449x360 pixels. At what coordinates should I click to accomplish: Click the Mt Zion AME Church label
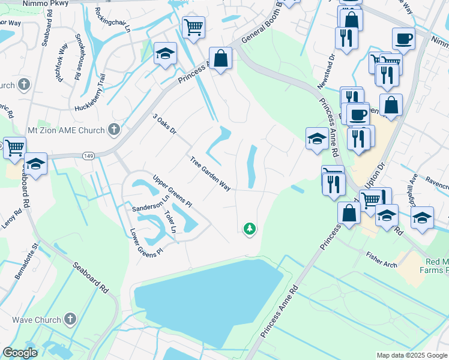[x=66, y=130]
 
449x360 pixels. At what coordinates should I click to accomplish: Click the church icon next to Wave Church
[x=70, y=320]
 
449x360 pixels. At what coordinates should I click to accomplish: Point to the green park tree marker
[x=250, y=229]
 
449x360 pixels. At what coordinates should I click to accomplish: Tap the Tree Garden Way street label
[x=210, y=174]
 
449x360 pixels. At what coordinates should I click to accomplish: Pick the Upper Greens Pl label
[x=172, y=191]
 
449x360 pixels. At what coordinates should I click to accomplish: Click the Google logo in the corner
[x=20, y=353]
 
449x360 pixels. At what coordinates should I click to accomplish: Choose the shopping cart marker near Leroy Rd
[x=14, y=146]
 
